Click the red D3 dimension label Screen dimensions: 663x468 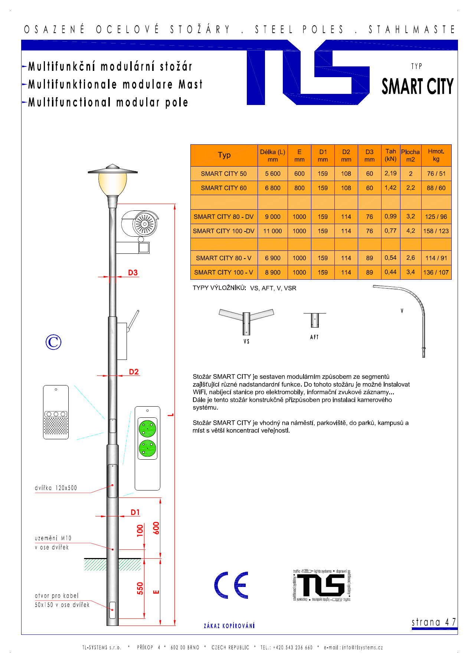(x=133, y=273)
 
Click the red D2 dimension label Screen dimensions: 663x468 (x=134, y=372)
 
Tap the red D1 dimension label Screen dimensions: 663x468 (x=135, y=512)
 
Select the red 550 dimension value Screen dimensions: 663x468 (x=140, y=588)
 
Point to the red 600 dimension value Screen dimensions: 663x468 (x=156, y=528)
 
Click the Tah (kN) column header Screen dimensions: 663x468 (x=390, y=155)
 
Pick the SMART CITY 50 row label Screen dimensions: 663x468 (x=223, y=174)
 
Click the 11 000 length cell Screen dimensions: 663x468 (x=272, y=231)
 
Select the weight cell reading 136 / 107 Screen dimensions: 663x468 (x=436, y=272)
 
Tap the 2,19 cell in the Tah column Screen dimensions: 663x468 (x=390, y=173)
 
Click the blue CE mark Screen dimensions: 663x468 (x=231, y=585)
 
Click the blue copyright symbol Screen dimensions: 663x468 (x=53, y=342)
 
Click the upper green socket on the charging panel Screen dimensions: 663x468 (x=147, y=429)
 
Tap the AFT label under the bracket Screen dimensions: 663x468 (x=314, y=337)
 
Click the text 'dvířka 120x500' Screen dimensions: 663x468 (x=56, y=488)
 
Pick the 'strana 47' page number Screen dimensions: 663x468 (x=433, y=622)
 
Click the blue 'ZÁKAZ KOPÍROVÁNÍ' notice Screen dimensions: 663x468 (x=229, y=626)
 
